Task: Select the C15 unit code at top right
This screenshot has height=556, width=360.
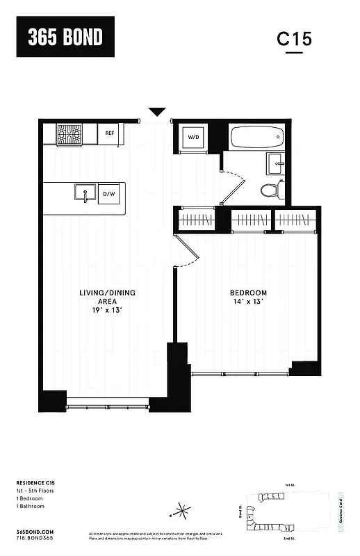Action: pyautogui.click(x=295, y=39)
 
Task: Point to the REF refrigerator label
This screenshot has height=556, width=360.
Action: pyautogui.click(x=110, y=133)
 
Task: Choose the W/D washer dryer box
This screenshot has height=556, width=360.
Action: pyautogui.click(x=193, y=138)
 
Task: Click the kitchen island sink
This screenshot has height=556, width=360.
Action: pyautogui.click(x=85, y=194)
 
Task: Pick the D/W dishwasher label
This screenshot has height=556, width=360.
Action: pyautogui.click(x=109, y=195)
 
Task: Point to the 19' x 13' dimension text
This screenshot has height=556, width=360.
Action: pyautogui.click(x=107, y=311)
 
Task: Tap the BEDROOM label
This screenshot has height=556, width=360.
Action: pyautogui.click(x=248, y=293)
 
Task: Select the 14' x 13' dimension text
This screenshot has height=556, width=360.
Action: pyautogui.click(x=248, y=302)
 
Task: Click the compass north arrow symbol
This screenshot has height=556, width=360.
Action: pyautogui.click(x=181, y=512)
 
